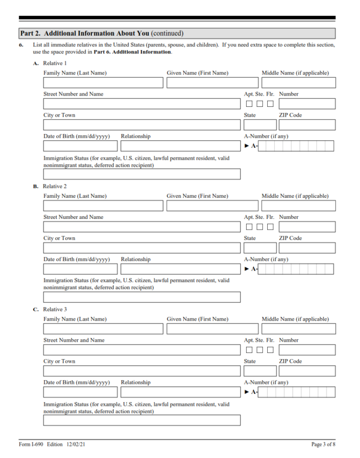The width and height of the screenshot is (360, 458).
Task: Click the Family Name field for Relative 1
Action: point(103,83)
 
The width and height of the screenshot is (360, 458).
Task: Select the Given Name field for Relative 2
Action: point(212,206)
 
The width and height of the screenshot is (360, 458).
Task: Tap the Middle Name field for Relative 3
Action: point(298,329)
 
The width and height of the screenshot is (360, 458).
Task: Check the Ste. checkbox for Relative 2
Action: point(260,227)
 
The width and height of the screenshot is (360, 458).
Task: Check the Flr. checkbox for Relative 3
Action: point(270,350)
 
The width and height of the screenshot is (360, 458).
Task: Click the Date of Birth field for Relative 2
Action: point(80,269)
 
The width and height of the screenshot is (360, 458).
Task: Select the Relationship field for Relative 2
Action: point(180,269)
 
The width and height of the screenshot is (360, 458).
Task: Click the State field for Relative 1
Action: point(260,125)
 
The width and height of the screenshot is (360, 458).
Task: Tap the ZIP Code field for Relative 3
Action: point(307,371)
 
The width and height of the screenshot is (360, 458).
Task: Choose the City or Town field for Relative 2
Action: point(142,248)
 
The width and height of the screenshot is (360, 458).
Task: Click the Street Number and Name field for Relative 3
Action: point(142,350)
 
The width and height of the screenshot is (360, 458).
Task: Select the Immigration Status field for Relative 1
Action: point(142,174)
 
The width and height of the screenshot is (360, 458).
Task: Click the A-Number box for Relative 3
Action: point(296,392)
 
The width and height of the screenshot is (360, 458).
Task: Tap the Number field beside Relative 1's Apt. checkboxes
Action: point(307,104)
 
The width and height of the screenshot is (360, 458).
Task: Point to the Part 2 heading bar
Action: point(177,33)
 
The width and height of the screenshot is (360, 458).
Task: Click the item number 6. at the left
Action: point(21,45)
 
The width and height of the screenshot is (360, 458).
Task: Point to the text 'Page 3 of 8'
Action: point(323,444)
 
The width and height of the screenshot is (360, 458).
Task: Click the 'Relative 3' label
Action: point(55,309)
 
